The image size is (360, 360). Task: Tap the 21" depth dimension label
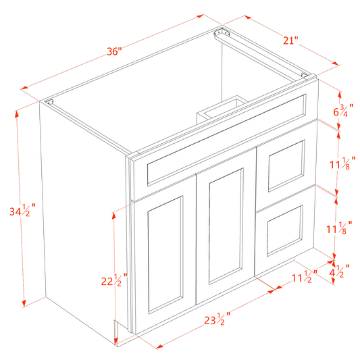[x=290, y=41]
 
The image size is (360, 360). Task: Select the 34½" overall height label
[x=24, y=211]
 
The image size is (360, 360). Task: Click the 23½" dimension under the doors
[x=215, y=317]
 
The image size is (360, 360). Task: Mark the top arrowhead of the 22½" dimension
[x=114, y=212]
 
